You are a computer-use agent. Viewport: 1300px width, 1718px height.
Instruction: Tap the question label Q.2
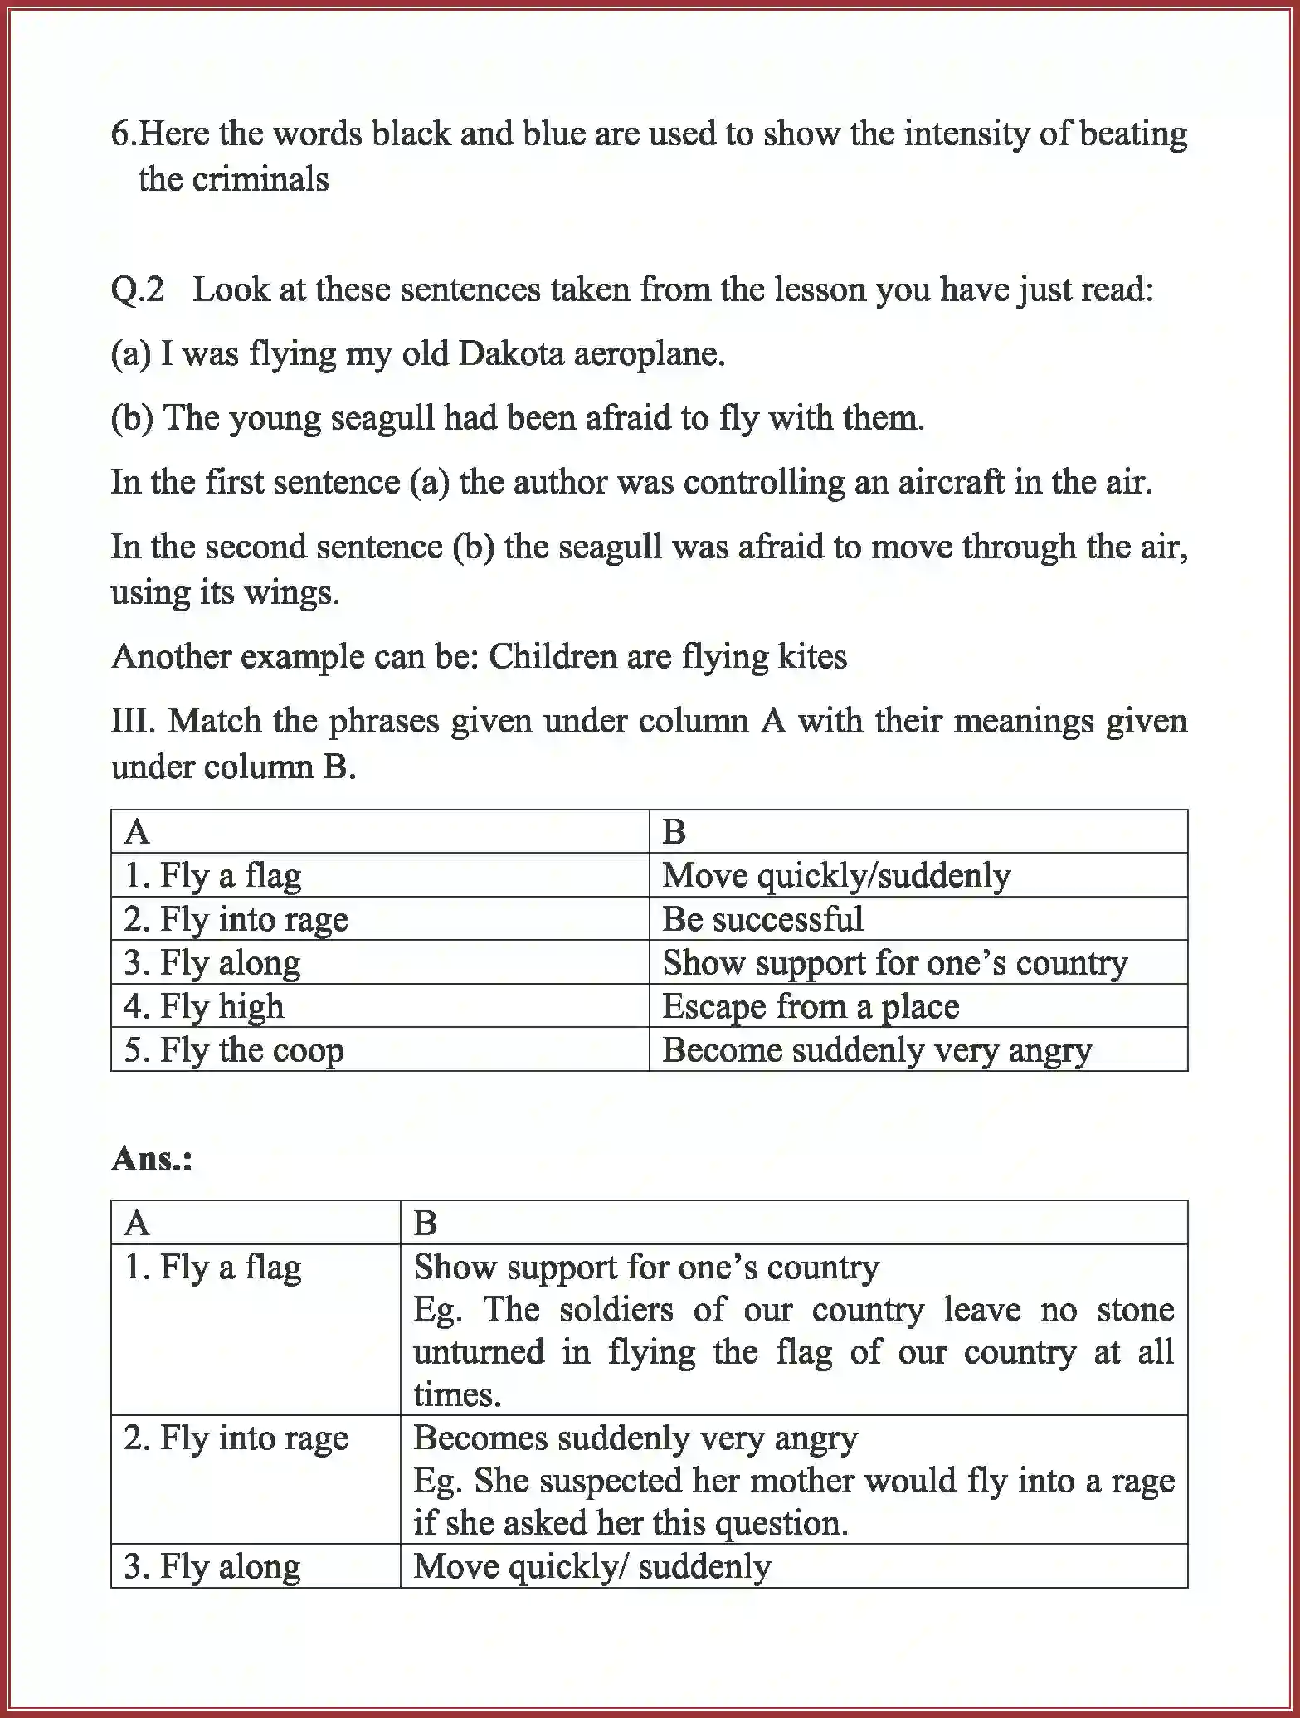[x=138, y=290]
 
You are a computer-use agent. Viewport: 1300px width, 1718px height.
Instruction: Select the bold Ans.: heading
[x=152, y=1158]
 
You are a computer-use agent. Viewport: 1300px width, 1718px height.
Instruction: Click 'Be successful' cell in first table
[x=762, y=919]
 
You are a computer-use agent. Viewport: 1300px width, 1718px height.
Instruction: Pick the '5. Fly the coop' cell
[x=234, y=1050]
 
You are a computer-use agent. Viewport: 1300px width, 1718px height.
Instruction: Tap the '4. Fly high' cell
[x=204, y=1006]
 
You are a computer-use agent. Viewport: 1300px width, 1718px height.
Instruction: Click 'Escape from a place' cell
[x=811, y=1007]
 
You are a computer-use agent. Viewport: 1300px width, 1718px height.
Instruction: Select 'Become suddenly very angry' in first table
[x=876, y=1050]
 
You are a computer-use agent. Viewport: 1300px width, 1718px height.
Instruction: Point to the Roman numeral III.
[x=132, y=720]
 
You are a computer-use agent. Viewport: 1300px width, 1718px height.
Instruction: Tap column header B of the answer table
[x=425, y=1223]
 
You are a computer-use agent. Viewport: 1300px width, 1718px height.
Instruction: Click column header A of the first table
[x=137, y=832]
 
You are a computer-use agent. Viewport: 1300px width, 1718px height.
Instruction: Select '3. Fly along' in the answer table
[x=212, y=1566]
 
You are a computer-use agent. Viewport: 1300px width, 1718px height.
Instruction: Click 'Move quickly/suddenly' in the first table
[x=836, y=876]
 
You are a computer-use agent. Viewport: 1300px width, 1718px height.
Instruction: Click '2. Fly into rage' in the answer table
[x=236, y=1438]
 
